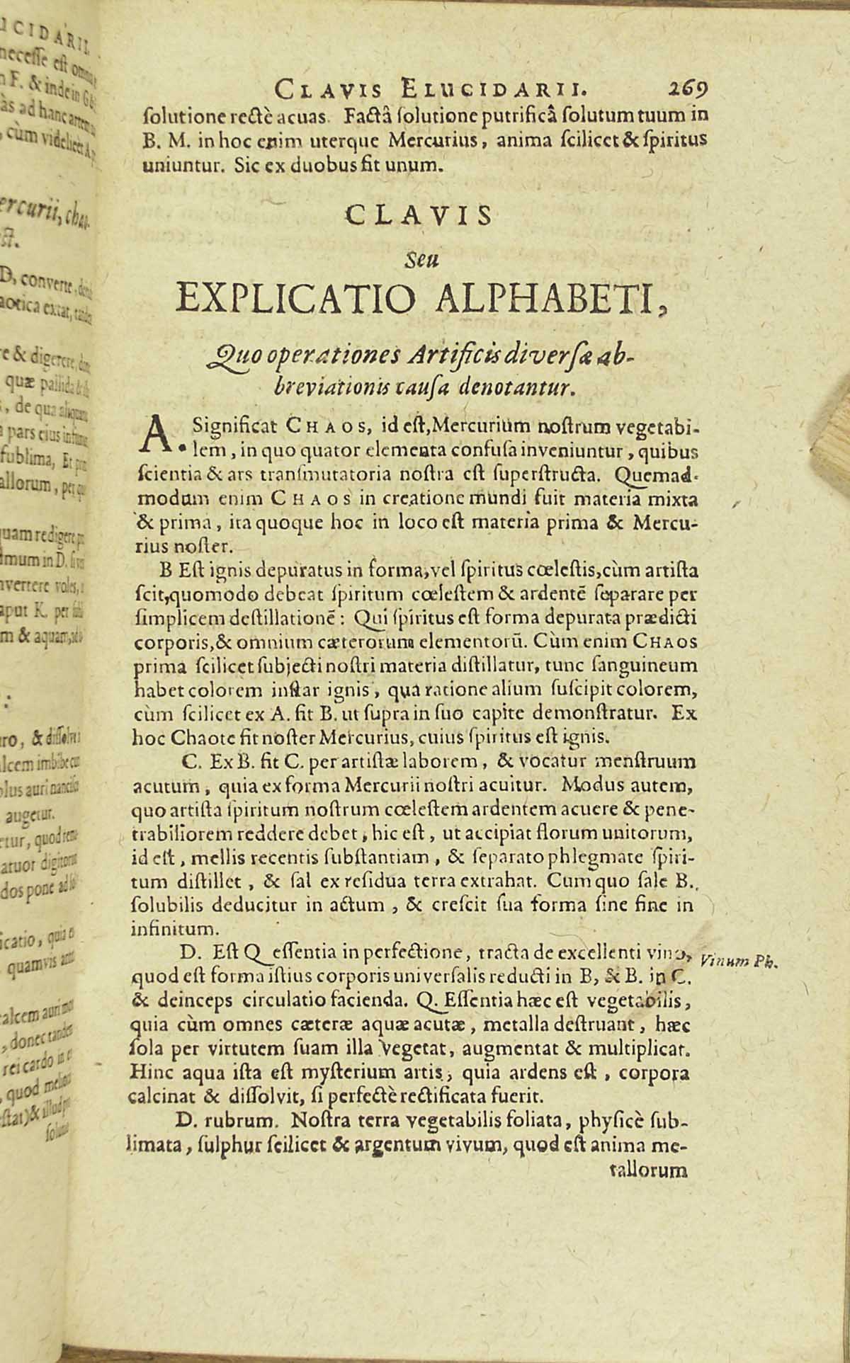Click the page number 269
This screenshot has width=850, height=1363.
coord(686,89)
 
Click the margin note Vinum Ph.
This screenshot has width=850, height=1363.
coord(738,962)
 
